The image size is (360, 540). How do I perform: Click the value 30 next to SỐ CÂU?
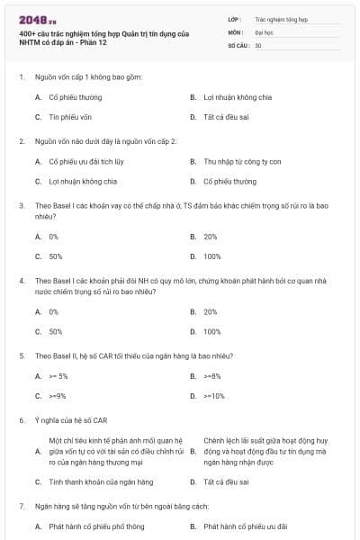258,44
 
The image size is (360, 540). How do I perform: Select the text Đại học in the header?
265,31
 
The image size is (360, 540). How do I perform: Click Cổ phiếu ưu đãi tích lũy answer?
85,162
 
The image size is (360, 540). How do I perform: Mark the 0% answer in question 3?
54,237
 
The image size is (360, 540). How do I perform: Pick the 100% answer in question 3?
211,256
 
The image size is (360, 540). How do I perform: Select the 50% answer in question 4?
55,331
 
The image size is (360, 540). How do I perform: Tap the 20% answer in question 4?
211,311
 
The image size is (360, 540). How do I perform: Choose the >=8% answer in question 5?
212,376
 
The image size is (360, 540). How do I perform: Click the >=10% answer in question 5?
214,396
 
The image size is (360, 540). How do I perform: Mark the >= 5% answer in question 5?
58,376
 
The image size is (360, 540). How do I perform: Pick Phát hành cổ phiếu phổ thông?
96,526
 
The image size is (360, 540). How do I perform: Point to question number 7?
21,507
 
